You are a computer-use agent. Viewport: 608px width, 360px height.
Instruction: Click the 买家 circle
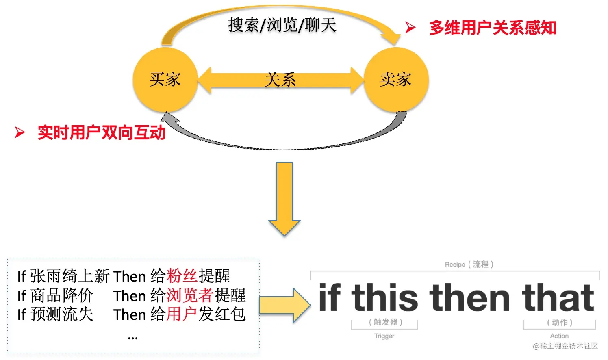click(x=165, y=80)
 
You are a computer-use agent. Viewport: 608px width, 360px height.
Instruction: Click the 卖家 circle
click(x=396, y=80)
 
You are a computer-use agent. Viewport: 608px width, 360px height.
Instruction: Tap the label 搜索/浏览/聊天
click(x=282, y=25)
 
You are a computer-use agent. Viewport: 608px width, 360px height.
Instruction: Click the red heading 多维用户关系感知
click(x=493, y=28)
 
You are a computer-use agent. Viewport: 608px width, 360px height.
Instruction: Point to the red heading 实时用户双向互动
click(x=102, y=132)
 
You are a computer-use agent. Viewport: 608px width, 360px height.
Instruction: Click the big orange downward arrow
click(x=284, y=199)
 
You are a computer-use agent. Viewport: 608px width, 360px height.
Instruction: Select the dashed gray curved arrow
click(x=284, y=149)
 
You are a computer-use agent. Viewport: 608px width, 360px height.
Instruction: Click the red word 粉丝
click(x=182, y=276)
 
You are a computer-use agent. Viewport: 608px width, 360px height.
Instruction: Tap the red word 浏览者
click(x=190, y=295)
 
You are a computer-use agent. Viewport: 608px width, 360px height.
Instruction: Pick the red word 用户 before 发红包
click(x=181, y=314)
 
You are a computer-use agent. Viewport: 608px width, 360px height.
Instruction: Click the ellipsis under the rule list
click(x=133, y=338)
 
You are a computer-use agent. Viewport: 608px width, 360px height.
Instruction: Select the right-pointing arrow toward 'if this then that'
click(x=285, y=305)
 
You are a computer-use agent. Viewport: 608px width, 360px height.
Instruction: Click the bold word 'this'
click(x=384, y=297)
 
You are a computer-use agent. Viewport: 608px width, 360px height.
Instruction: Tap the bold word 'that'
click(x=558, y=297)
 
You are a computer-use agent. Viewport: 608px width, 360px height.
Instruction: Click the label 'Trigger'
click(x=384, y=336)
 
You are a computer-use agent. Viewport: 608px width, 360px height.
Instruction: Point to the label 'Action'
click(x=559, y=336)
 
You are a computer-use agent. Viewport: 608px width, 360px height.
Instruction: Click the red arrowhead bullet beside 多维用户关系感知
click(x=410, y=27)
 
